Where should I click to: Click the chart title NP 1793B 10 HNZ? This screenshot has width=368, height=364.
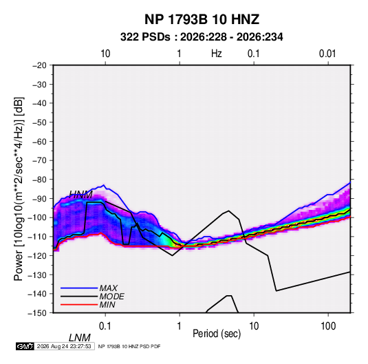202,19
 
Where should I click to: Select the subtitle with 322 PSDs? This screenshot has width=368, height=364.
202,37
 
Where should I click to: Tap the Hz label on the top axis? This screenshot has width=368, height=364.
217,54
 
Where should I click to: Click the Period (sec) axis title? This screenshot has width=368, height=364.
217,334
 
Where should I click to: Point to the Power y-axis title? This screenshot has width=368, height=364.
19,189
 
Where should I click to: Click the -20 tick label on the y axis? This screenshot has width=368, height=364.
39,65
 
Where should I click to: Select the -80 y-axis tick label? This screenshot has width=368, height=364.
39,180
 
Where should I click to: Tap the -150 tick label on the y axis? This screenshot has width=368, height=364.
37,313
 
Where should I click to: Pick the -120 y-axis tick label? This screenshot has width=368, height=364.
37,256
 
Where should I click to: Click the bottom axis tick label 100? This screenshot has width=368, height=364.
328,326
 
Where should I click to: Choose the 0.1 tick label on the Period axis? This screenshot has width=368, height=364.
105,326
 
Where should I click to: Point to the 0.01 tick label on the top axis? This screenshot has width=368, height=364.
327,54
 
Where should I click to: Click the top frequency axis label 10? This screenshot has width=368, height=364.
105,54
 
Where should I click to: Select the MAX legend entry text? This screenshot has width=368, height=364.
109,288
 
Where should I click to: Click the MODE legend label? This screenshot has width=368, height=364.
111,297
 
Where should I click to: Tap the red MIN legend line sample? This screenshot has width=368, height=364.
79,305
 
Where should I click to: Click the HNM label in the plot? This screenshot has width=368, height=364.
81,195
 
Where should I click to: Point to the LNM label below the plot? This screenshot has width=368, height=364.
80,338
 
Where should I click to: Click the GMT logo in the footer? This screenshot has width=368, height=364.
25,346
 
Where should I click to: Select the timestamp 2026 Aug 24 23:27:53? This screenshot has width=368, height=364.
64,346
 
